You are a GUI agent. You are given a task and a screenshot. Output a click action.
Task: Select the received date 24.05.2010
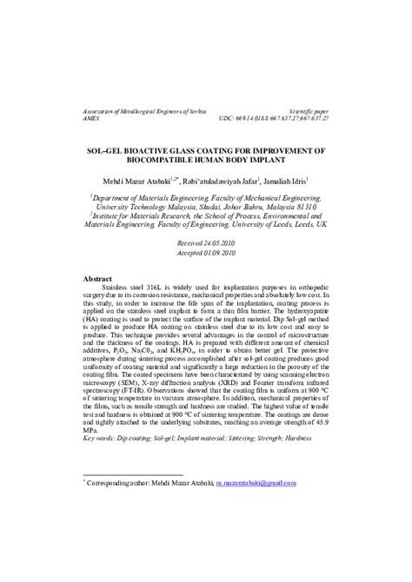click(x=219, y=243)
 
